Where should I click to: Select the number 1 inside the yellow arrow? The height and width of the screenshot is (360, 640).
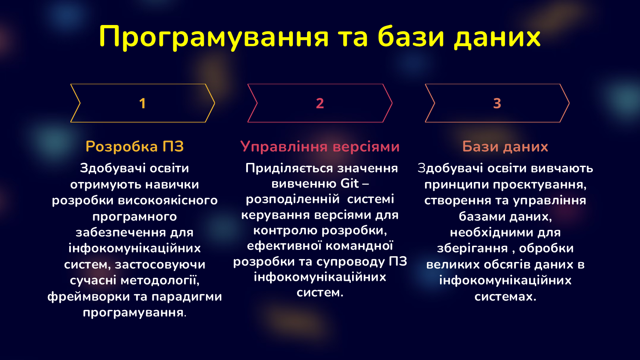(x=142, y=103)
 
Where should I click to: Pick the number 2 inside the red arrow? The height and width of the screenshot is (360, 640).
(x=320, y=103)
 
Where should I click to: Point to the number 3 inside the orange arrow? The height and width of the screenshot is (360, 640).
(x=497, y=103)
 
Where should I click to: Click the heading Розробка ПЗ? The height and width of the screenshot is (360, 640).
(x=135, y=147)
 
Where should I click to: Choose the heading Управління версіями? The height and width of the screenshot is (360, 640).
(x=320, y=147)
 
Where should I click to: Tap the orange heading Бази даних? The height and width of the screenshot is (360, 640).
(x=505, y=147)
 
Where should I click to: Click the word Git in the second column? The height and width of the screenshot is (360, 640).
(x=350, y=183)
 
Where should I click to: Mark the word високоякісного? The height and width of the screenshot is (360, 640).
(x=168, y=200)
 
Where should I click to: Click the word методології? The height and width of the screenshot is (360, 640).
(x=160, y=280)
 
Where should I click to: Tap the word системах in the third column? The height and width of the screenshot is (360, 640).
(x=505, y=297)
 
